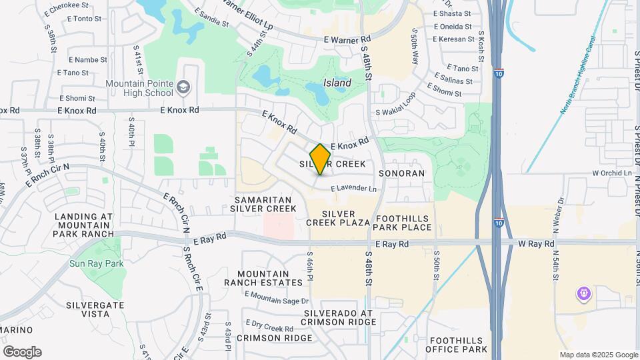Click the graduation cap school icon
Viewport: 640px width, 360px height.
click(x=183, y=87)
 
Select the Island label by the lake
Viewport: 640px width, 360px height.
click(x=337, y=83)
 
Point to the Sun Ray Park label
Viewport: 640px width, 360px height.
click(x=97, y=263)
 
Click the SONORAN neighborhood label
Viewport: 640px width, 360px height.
click(x=401, y=173)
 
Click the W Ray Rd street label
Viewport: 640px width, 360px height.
click(x=536, y=244)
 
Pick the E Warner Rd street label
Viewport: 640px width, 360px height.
click(x=347, y=40)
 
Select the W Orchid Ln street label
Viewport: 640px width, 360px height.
click(x=612, y=173)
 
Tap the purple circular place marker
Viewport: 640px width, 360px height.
click(x=583, y=293)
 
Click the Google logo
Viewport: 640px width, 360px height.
click(x=22, y=352)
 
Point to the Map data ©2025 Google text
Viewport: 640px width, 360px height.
click(x=598, y=355)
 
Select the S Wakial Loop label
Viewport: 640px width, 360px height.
click(x=395, y=113)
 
